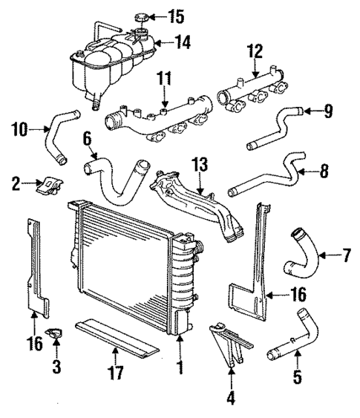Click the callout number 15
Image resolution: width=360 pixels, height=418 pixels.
click(175, 15)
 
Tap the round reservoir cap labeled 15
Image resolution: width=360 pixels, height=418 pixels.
click(140, 18)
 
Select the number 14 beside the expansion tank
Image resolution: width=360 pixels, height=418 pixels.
click(183, 42)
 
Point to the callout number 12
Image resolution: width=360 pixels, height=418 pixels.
click(255, 50)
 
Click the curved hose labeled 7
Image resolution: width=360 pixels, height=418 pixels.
click(301, 256)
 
